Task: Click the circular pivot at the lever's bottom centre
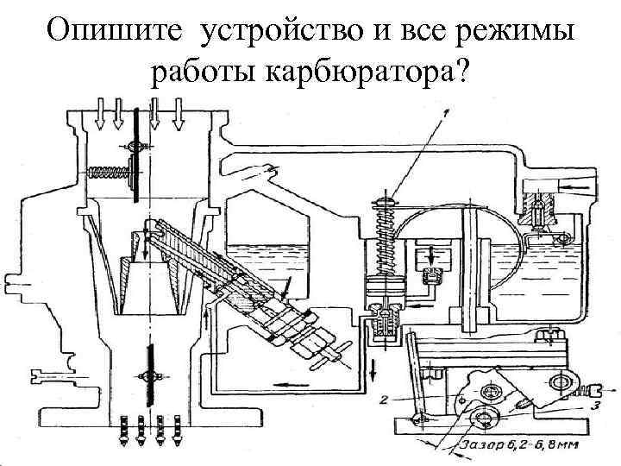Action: pyautogui.click(x=484, y=422)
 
